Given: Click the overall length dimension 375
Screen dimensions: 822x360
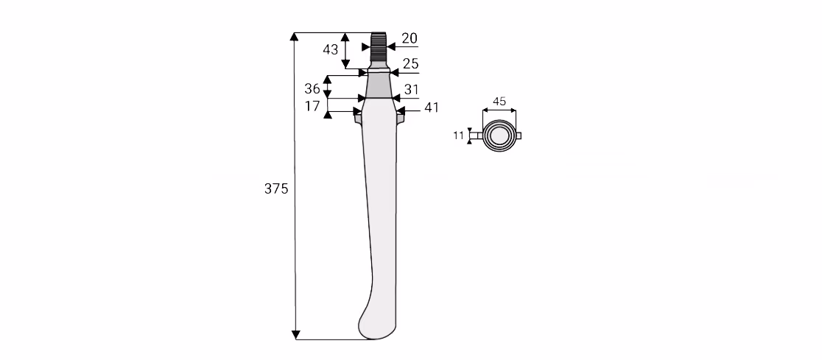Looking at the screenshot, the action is (276, 188).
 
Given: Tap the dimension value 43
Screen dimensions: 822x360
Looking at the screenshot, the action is (330, 50).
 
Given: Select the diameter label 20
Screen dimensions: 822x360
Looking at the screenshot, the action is (410, 38).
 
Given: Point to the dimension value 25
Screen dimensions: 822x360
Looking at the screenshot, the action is (410, 64).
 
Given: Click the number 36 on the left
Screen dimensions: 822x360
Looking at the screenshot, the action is (312, 88).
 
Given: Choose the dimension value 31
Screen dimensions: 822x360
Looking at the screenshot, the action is (412, 90).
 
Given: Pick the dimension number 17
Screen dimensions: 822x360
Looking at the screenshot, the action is (312, 106).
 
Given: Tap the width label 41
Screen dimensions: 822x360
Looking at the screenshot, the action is (432, 107).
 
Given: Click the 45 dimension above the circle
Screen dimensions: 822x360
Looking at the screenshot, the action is (499, 102).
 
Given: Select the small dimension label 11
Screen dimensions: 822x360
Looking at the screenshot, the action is (459, 135).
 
